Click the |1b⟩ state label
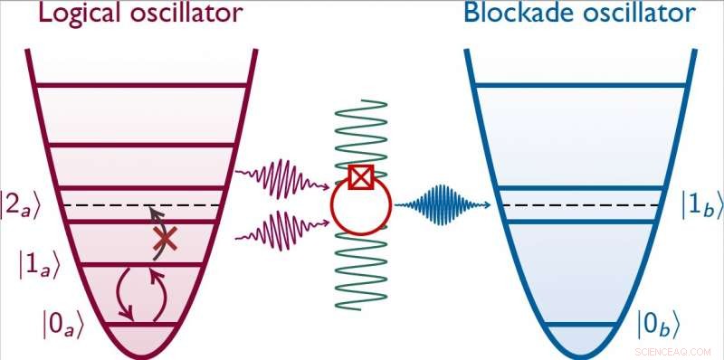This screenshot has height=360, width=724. click(x=701, y=206)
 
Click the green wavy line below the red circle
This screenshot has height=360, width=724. click(x=360, y=271)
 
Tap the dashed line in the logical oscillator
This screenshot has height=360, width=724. click(x=136, y=205)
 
